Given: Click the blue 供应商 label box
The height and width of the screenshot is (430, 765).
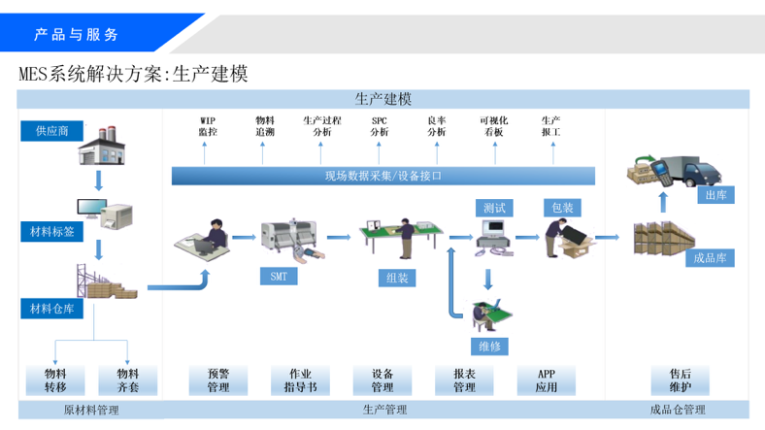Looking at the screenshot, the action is click(51, 131).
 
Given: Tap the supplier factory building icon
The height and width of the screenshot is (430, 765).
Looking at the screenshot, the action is click(102, 146).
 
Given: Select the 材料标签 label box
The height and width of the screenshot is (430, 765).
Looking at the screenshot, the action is click(51, 232).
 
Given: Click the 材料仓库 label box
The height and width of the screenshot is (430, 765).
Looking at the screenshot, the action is click(51, 309).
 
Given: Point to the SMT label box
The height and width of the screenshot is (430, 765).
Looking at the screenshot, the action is click(279, 277).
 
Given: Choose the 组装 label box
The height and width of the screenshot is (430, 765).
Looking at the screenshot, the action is click(397, 278).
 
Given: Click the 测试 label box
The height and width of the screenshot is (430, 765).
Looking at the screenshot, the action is click(494, 208).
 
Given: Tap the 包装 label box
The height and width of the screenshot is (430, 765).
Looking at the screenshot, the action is click(562, 208).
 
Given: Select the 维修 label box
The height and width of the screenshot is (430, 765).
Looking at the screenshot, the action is click(490, 347).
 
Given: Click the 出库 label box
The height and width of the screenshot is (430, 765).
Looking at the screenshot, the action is click(715, 195).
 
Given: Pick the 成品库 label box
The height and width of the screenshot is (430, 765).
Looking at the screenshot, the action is click(710, 258).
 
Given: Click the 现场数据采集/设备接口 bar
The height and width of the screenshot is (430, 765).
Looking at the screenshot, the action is click(383, 176).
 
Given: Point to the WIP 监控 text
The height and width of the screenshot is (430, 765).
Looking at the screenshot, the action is click(208, 126).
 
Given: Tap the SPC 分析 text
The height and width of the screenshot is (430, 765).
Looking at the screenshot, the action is click(379, 126).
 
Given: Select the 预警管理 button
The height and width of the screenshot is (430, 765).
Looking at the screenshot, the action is click(218, 380).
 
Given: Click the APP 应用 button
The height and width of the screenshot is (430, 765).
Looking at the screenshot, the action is click(546, 380).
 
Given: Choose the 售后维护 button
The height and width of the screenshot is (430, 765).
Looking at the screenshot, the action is click(681, 380).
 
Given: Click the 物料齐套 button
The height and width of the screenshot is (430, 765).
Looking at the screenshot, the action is click(128, 380).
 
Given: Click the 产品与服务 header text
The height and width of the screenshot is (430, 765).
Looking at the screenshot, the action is click(76, 34).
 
